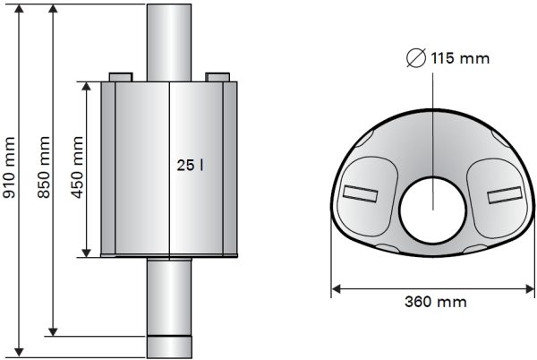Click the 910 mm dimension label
11,180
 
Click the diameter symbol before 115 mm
415,58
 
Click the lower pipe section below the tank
169,296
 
